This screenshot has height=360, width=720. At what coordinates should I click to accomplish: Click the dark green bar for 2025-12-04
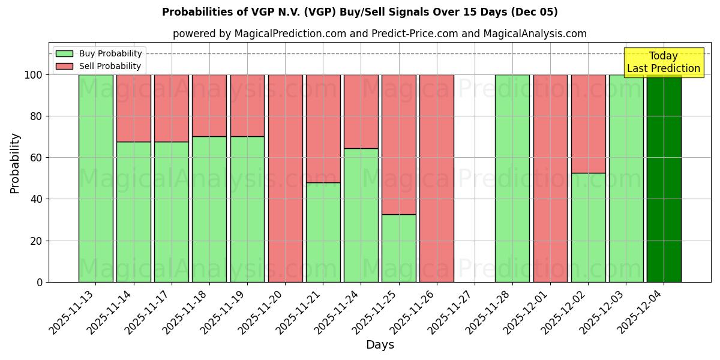click(x=664, y=178)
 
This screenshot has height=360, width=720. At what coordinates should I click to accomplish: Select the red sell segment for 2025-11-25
click(x=399, y=144)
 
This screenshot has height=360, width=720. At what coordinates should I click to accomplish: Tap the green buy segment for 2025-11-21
click(x=323, y=232)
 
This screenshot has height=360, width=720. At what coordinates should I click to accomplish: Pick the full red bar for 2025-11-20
click(x=286, y=178)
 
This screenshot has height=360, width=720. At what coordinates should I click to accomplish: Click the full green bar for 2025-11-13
click(x=96, y=178)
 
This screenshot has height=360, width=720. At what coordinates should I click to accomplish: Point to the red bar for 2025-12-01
click(x=550, y=178)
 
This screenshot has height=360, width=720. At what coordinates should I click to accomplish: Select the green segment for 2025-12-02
click(x=588, y=227)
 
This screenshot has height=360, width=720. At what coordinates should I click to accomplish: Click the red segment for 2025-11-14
click(x=134, y=108)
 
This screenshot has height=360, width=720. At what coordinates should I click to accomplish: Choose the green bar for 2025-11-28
click(x=512, y=178)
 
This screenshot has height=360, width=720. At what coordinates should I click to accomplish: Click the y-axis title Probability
click(x=15, y=163)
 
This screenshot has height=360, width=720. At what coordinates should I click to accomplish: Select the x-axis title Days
click(x=380, y=345)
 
